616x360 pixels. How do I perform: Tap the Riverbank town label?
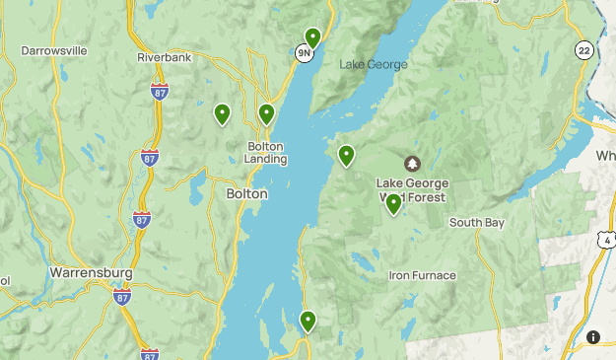tap(163, 58)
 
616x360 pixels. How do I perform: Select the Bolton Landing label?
tap(266, 153)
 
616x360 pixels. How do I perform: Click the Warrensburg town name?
tap(86, 270)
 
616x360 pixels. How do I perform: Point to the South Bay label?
tap(477, 223)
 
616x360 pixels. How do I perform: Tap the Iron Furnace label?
tap(422, 275)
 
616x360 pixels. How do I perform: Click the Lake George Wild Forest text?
tap(412, 190)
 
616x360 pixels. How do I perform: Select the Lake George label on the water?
tap(373, 65)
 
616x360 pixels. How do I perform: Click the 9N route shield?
tap(305, 52)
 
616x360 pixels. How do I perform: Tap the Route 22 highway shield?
tap(584, 50)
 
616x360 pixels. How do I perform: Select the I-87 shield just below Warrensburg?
tap(122, 296)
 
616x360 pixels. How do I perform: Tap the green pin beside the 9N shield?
tap(313, 38)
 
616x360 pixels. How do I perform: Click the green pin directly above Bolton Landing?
tap(266, 113)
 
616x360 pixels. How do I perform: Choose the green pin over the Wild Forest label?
tap(393, 203)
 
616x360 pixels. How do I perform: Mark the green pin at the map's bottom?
tap(308, 320)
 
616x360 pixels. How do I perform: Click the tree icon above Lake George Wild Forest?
tap(412, 163)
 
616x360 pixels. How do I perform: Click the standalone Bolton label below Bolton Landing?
tap(246, 194)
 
